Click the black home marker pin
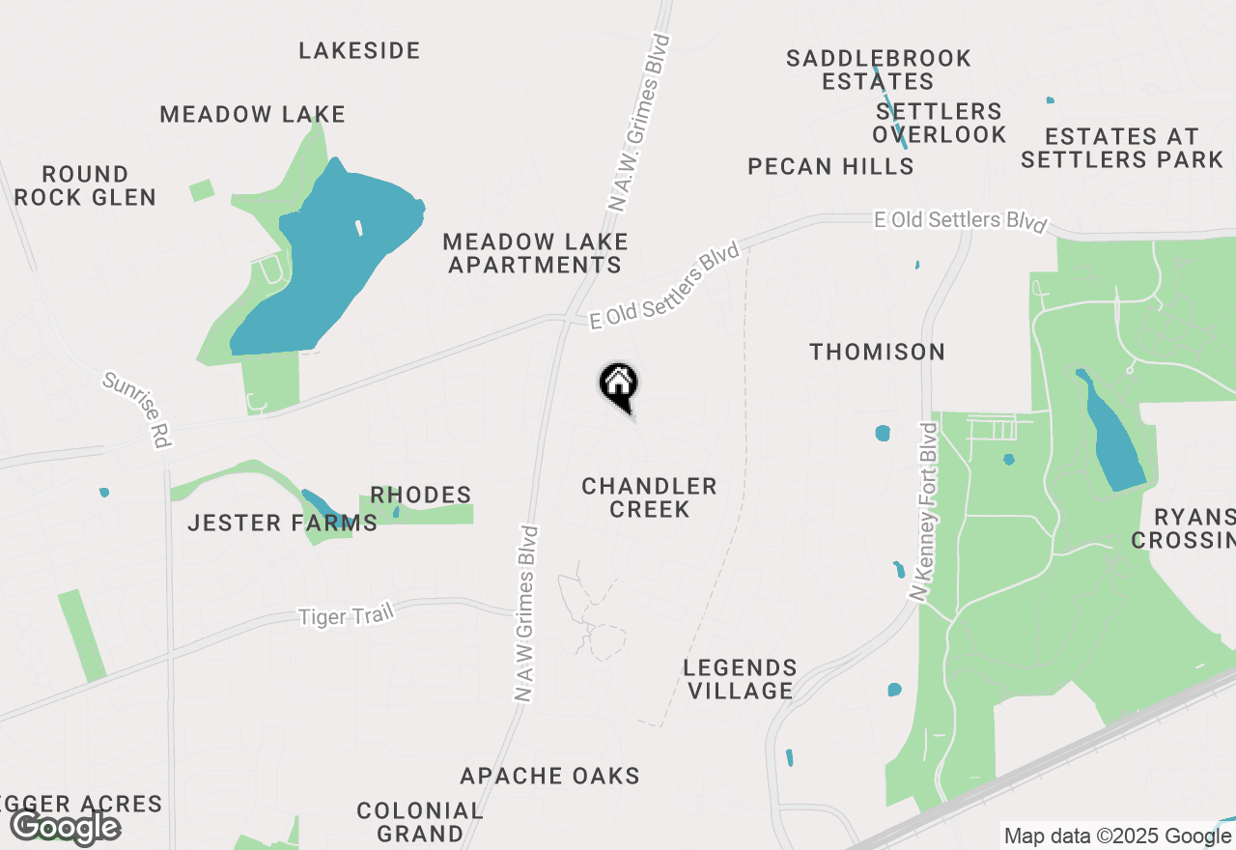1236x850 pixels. (x=619, y=384)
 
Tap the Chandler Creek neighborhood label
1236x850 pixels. (x=649, y=497)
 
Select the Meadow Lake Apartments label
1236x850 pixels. (x=535, y=253)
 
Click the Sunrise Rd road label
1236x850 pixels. (x=136, y=411)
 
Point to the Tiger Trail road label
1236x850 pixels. (x=346, y=614)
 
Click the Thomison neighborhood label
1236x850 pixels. (x=877, y=352)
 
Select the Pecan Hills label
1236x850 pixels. (x=830, y=166)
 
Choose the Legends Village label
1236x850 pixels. (x=740, y=679)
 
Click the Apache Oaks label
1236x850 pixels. (x=549, y=776)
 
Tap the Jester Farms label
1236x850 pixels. (x=282, y=524)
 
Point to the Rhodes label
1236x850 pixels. (x=421, y=496)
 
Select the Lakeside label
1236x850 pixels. (x=359, y=50)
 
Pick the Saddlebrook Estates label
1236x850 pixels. (x=878, y=70)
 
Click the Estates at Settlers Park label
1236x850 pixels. (x=1121, y=148)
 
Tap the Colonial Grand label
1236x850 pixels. (x=419, y=821)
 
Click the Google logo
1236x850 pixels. (x=66, y=827)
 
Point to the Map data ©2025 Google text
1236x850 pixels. (x=1117, y=836)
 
